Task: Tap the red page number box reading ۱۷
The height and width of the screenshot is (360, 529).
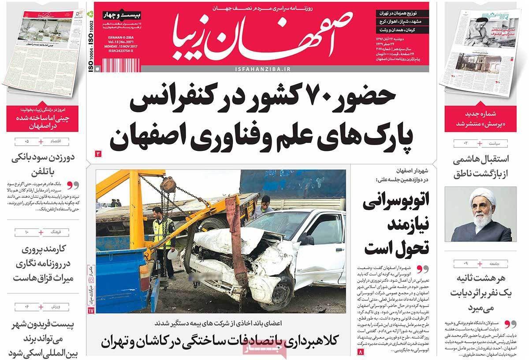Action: pyautogui.click(x=91, y=311)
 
